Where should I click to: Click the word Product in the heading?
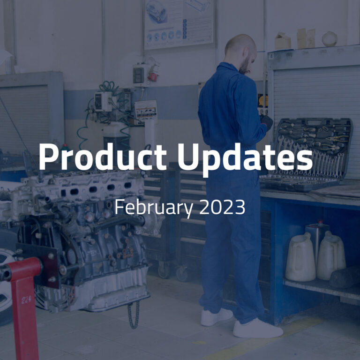pyautogui.click(x=103, y=157)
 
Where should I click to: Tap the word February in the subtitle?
pyautogui.click(x=154, y=207)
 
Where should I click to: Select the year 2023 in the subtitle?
pyautogui.click(x=222, y=207)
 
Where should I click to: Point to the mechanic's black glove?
pyautogui.click(x=266, y=122)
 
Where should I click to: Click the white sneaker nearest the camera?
pyautogui.click(x=258, y=328)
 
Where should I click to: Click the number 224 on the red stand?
pyautogui.click(x=26, y=300)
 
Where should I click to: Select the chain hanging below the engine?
pyautogui.click(x=134, y=315)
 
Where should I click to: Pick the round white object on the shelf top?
pyautogui.click(x=330, y=39)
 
